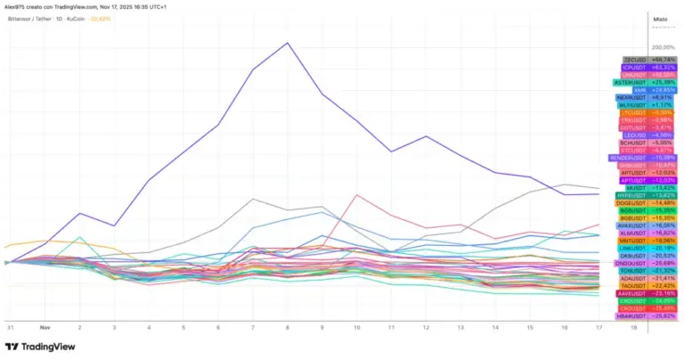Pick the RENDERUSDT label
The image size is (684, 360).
(x=631, y=158)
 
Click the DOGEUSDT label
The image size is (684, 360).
(x=633, y=203)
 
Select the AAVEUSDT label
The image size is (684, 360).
(x=633, y=293)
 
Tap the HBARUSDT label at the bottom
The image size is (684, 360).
(x=633, y=315)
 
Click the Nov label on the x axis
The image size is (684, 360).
(x=45, y=327)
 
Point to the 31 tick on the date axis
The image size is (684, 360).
(x=10, y=327)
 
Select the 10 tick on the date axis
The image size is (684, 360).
(x=356, y=327)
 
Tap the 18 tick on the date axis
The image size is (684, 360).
(x=633, y=327)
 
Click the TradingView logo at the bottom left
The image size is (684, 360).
(x=42, y=347)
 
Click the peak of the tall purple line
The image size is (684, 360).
(x=287, y=43)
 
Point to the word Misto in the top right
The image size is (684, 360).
(x=660, y=19)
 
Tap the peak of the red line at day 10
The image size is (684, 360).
(x=356, y=195)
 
